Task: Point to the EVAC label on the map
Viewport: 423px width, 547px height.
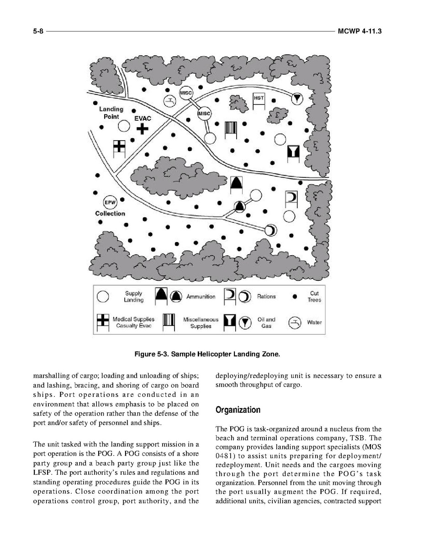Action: (x=142, y=118)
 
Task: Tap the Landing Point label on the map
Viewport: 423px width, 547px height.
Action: (x=111, y=112)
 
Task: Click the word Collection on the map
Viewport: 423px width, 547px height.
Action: (x=110, y=213)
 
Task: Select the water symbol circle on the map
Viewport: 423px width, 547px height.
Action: (x=169, y=101)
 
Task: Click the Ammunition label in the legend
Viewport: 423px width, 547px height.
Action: (x=201, y=297)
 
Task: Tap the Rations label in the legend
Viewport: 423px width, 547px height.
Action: (x=266, y=297)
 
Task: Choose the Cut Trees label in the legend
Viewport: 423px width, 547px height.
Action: (x=314, y=297)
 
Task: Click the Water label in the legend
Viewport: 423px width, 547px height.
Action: (x=314, y=322)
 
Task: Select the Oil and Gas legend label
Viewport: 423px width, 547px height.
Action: (x=266, y=322)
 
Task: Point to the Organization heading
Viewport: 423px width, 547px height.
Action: (x=238, y=410)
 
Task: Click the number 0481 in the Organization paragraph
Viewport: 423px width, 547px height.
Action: (x=225, y=456)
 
